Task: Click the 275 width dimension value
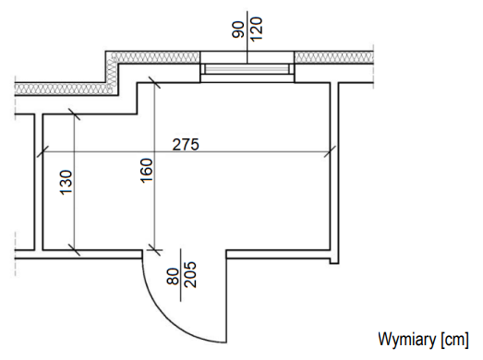(186, 144)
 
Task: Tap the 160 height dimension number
(146, 171)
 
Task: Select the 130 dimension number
(66, 183)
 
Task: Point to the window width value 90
(237, 30)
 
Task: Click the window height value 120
(257, 29)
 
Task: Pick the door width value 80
(173, 277)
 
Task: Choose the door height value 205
(189, 275)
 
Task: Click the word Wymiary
(406, 340)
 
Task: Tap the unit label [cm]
(454, 340)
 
